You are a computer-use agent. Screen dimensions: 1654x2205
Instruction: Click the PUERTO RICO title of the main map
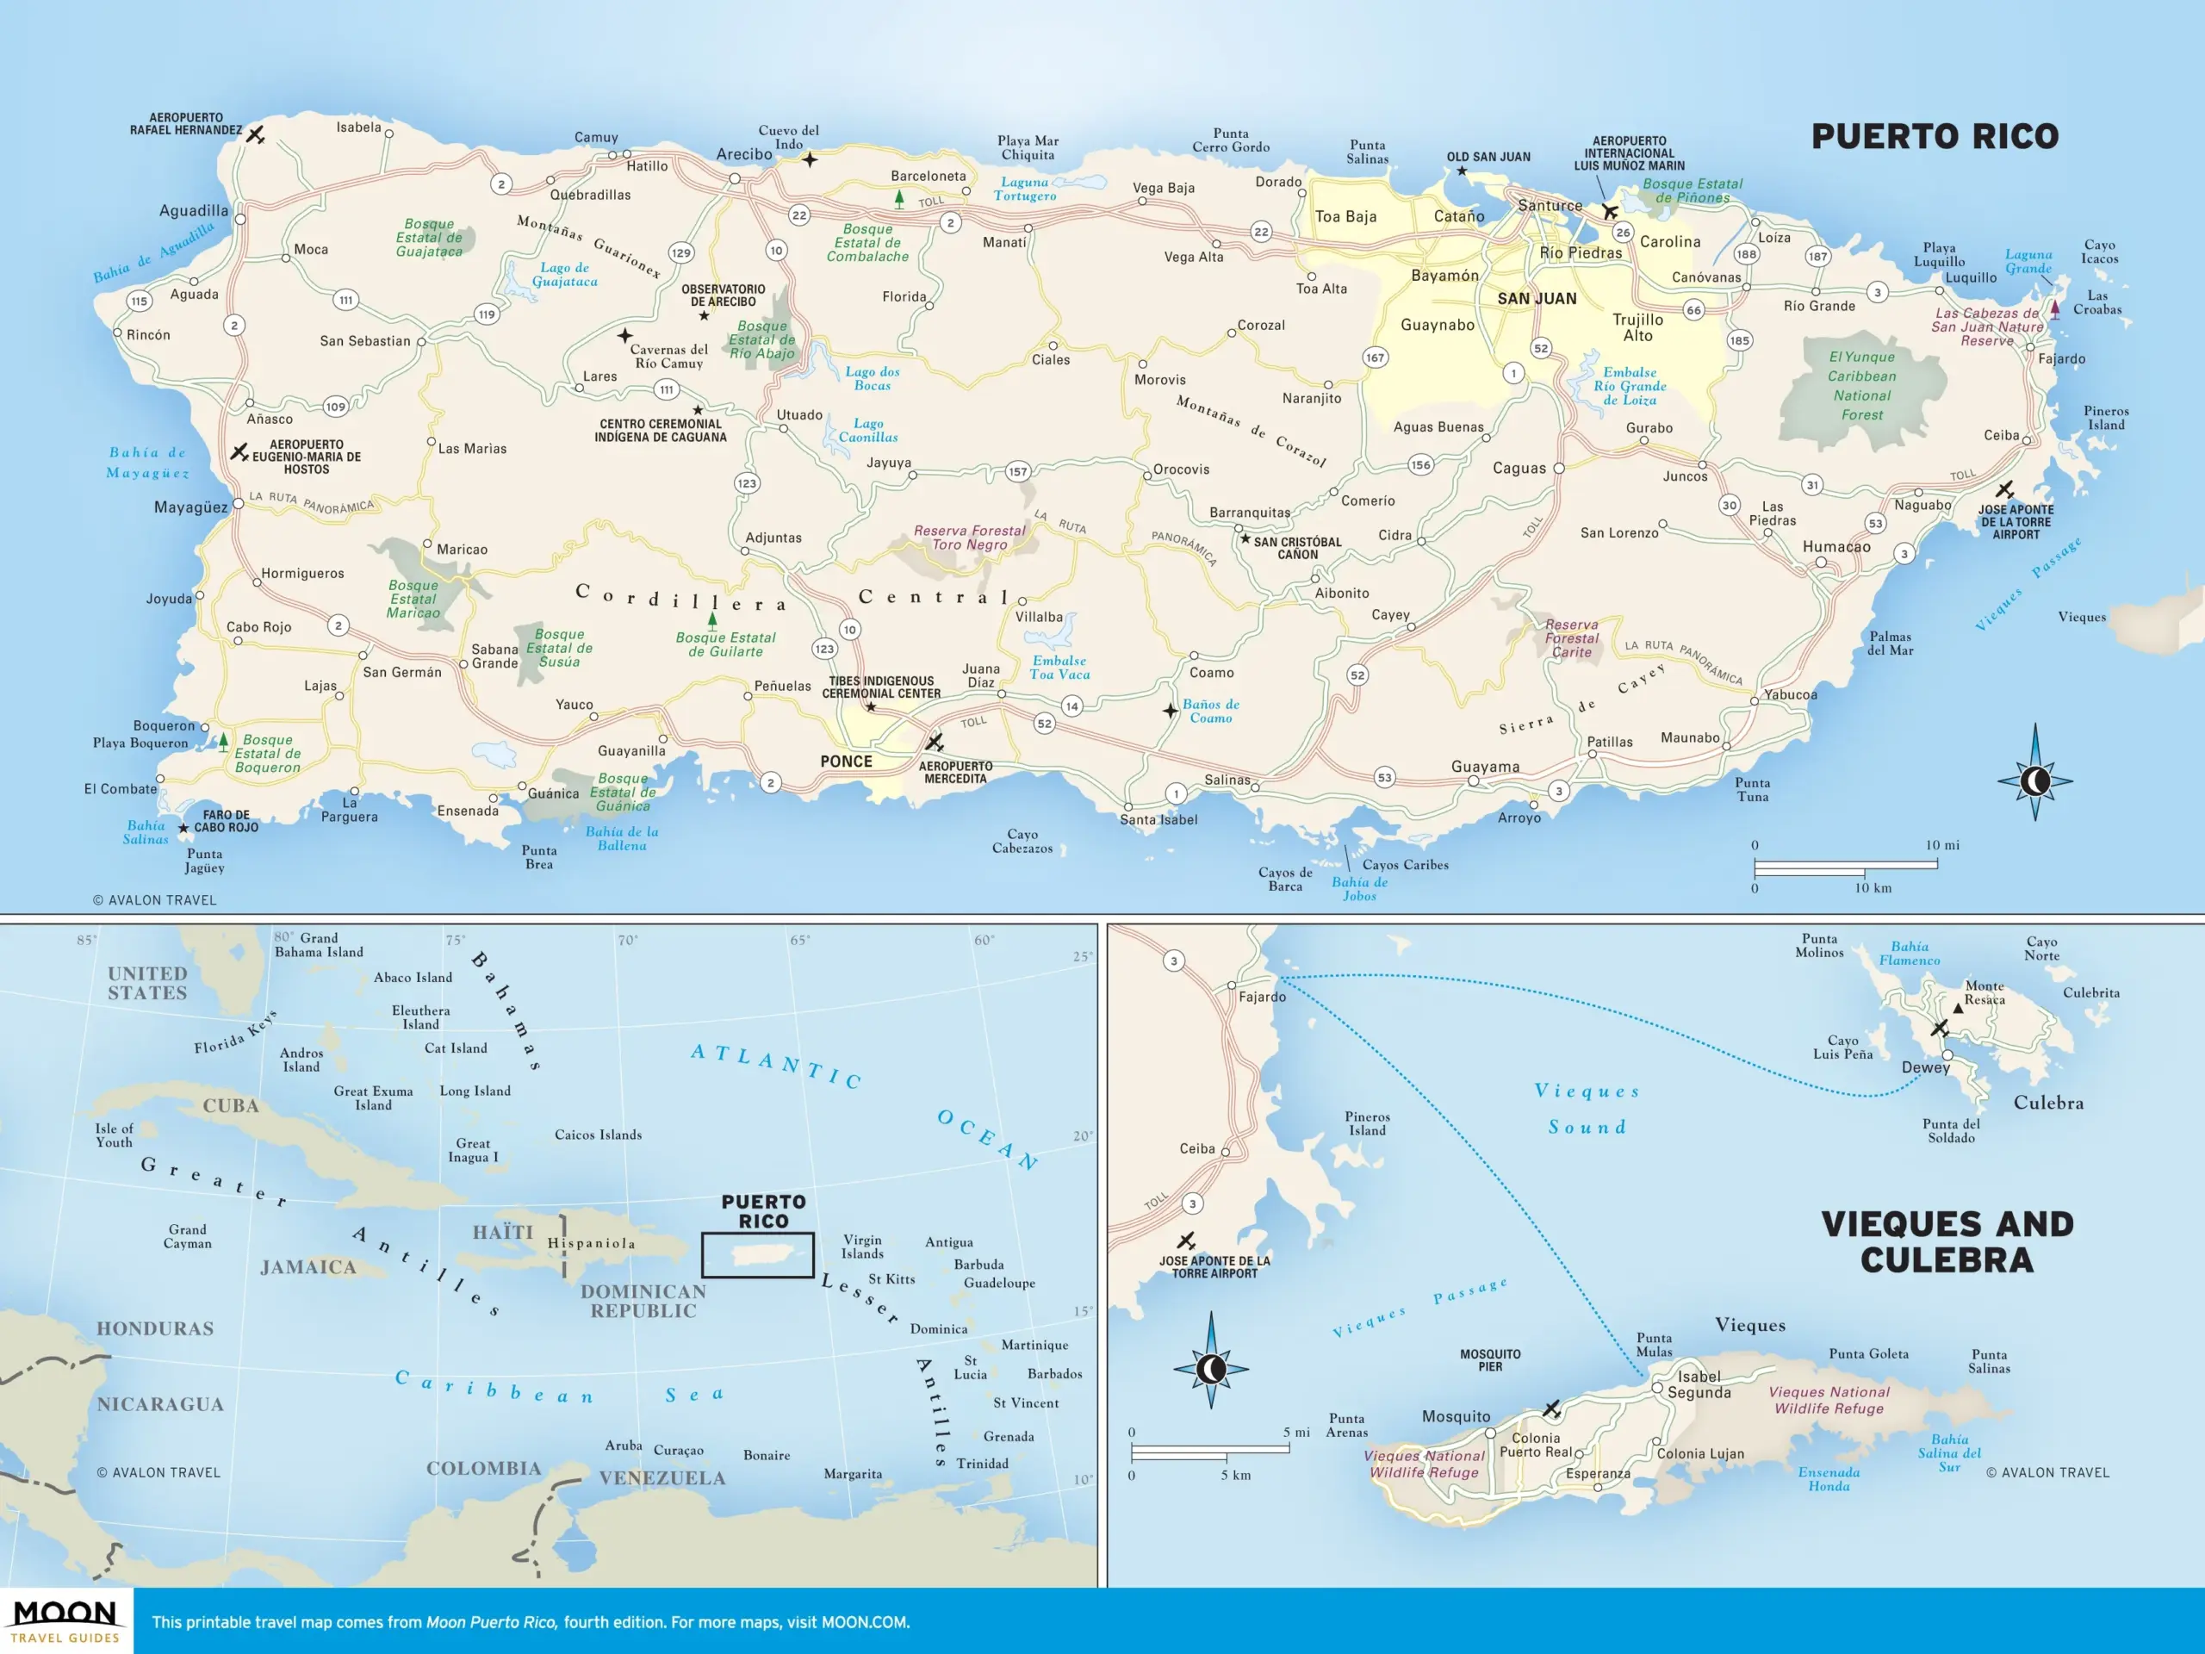[1934, 137]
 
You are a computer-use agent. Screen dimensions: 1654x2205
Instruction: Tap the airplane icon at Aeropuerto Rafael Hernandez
[256, 134]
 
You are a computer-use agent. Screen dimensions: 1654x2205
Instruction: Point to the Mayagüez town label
[190, 507]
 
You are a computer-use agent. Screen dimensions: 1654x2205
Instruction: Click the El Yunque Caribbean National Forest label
[1861, 386]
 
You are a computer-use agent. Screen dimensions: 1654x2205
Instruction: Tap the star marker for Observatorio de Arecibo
[704, 316]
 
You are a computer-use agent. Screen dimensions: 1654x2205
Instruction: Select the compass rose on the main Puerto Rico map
[2034, 780]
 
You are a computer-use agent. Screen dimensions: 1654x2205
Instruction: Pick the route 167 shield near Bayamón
[1375, 357]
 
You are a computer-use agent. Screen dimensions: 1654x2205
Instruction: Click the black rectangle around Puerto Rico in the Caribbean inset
[758, 1254]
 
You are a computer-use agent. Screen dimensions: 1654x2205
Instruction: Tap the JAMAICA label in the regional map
[308, 1266]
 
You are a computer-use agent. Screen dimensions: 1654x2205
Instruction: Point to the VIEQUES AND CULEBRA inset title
[1947, 1241]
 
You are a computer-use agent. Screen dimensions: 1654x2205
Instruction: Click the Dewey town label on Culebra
[1925, 1066]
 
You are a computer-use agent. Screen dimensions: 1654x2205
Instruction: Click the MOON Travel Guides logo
[65, 1621]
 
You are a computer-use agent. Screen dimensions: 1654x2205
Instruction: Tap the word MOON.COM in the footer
[864, 1622]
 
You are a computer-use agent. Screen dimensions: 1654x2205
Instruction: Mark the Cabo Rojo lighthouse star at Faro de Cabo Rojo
[183, 829]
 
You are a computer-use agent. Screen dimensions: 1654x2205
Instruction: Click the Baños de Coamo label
[1210, 711]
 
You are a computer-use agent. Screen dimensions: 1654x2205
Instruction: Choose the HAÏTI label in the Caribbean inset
[502, 1232]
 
